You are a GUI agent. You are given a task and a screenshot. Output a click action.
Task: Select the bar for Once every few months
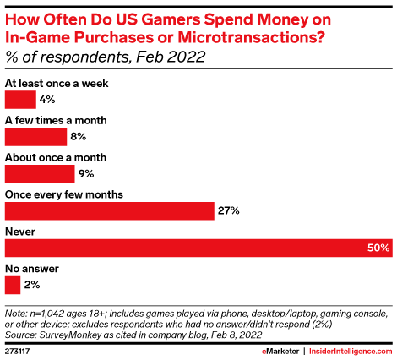coord(109,210)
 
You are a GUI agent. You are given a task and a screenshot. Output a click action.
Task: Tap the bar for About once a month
coord(40,174)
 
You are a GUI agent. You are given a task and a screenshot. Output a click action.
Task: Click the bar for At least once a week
coord(20,100)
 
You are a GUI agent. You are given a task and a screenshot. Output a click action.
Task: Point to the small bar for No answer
coord(13,285)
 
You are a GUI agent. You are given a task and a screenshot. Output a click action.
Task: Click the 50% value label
coord(378,248)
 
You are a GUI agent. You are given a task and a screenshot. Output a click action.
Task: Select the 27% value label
coord(230,210)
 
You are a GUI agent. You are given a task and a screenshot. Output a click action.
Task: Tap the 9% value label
coord(87,174)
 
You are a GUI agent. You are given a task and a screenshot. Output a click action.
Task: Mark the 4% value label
coord(49,100)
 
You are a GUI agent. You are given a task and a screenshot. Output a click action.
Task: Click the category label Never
coord(21,231)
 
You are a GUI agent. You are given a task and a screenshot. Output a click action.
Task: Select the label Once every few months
coord(64,194)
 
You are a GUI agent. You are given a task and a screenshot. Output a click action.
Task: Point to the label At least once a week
coord(57,83)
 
